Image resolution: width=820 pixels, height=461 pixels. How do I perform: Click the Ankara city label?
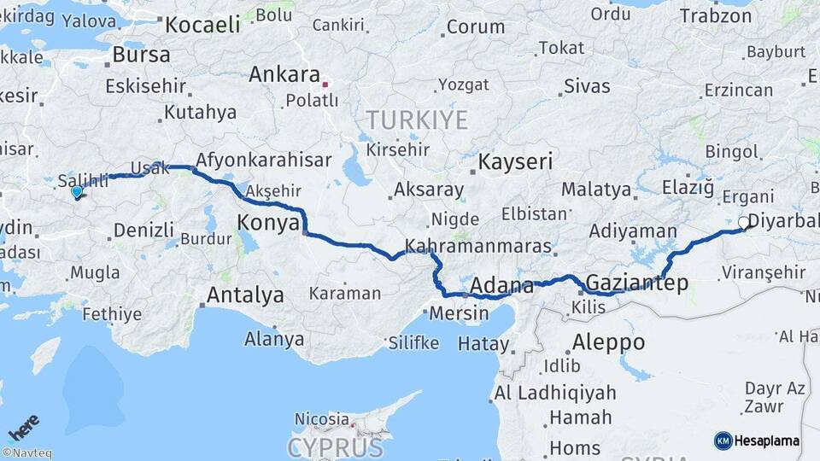point(284,75)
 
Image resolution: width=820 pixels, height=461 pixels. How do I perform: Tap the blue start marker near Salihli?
point(77,192)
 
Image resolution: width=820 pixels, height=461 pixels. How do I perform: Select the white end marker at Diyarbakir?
point(743,223)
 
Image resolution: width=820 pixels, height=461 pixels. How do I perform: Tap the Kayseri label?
point(516,161)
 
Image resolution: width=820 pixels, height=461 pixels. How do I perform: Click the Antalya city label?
point(245,296)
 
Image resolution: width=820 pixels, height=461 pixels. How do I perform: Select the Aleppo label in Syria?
point(608,341)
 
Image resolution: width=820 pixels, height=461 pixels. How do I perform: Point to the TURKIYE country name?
point(417,120)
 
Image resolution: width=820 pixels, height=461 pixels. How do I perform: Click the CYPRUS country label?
point(335,447)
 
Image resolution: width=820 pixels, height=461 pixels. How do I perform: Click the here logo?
point(23,427)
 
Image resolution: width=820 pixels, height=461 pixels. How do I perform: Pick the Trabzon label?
point(715,15)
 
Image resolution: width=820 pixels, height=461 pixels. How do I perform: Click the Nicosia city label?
point(321,419)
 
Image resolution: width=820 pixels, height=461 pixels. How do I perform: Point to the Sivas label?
point(587,86)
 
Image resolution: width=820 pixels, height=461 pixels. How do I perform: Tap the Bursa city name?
point(141,55)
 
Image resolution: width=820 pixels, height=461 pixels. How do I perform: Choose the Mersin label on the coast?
point(460,312)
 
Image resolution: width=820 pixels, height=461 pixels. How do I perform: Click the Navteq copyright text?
point(26,453)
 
